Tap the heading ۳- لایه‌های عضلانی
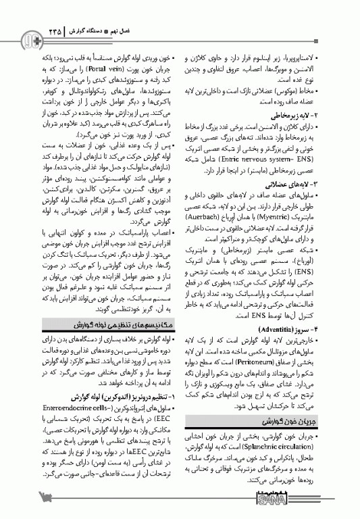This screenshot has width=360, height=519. coord(308,184)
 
